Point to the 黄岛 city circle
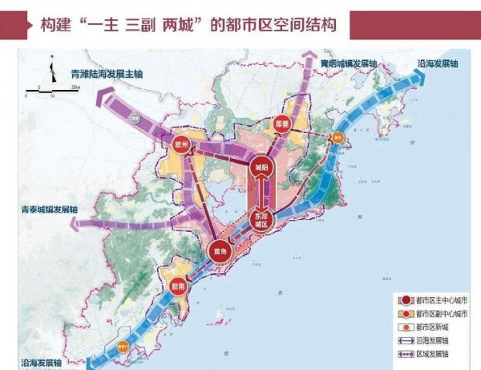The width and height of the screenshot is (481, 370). point(218,251)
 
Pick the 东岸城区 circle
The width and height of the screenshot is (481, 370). point(261,220)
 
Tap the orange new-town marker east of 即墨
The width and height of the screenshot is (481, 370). point(338,138)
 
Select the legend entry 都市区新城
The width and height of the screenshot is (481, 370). point(433,326)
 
